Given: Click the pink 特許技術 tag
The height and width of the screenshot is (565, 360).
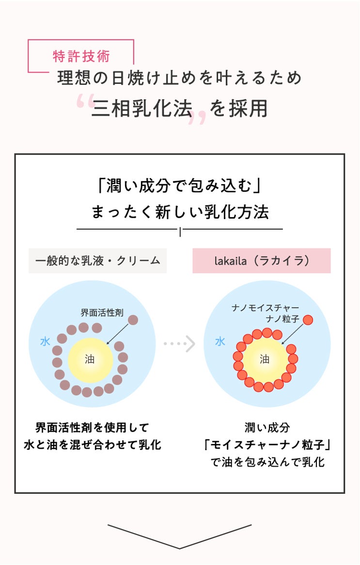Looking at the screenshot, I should (81, 56).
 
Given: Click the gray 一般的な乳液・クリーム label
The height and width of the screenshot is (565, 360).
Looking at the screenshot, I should (97, 261).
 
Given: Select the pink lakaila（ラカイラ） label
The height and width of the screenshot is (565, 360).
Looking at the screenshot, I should (262, 261).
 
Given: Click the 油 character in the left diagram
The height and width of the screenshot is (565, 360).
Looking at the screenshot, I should (90, 359).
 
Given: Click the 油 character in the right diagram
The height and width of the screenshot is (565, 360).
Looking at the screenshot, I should (265, 359).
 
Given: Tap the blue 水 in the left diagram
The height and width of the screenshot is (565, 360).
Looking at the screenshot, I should (45, 342).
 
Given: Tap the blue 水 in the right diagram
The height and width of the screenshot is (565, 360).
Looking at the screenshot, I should (220, 342).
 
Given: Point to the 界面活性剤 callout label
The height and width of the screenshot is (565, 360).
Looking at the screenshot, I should (102, 313).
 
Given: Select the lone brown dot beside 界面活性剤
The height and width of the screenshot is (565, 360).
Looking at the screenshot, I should (133, 320).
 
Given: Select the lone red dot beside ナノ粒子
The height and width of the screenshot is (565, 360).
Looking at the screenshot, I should (308, 320).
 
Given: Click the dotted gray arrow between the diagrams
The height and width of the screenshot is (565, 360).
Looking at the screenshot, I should (180, 344).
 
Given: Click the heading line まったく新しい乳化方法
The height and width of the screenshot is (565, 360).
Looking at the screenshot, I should (180, 212).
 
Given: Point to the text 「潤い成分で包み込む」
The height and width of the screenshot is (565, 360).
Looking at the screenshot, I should (180, 186).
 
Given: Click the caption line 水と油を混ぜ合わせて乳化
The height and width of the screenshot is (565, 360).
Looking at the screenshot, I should (93, 444).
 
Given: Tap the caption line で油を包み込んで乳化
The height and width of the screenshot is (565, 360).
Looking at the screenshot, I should (267, 462).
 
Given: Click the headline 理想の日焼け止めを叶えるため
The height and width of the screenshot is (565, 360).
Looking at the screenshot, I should (180, 78).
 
